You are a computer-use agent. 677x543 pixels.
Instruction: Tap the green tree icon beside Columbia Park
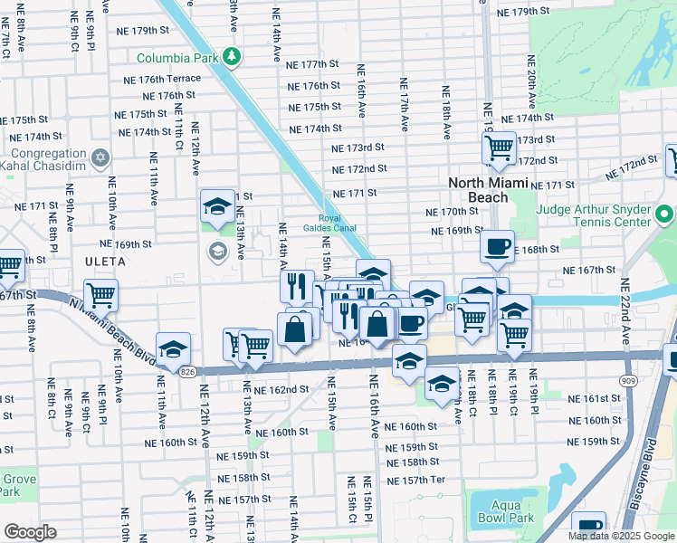point(233,57)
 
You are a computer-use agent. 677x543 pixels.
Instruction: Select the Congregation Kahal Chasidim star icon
point(100,157)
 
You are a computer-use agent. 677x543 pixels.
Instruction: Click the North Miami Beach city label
point(485,190)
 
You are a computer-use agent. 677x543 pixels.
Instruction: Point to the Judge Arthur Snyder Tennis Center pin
point(665,216)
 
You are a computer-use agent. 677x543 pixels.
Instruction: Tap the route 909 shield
point(628,382)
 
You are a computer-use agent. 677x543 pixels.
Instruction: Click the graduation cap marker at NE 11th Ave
point(173,348)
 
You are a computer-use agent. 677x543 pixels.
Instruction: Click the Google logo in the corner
point(30,532)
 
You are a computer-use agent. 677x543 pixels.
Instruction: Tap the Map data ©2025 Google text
point(620,536)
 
